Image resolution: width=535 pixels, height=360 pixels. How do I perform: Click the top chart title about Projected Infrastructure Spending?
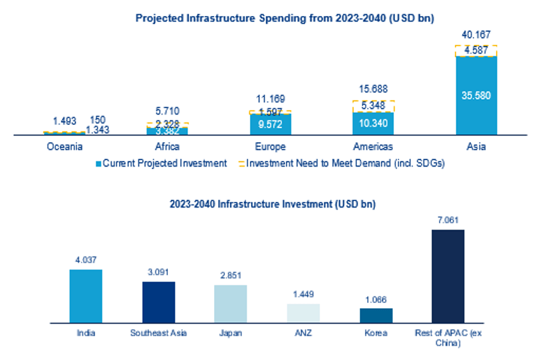point(284,18)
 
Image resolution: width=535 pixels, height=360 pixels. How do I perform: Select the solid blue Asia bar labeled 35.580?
point(476,95)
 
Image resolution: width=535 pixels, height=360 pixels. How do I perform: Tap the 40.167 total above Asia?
point(476,34)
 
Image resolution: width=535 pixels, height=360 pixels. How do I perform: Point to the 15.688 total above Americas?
point(373,89)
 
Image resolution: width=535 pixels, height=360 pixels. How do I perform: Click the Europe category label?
point(270,147)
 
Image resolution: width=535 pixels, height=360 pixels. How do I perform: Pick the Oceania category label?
point(64,147)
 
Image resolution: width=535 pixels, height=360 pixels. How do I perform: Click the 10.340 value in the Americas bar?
point(373,124)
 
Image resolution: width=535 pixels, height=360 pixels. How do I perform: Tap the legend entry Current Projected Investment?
point(161,163)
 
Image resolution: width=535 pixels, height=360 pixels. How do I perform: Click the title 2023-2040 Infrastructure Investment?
point(272,205)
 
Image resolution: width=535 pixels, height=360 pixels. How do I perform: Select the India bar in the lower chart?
point(86,296)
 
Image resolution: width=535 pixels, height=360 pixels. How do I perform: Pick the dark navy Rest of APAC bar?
point(448,275)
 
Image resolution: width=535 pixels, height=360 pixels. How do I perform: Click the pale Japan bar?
point(231,304)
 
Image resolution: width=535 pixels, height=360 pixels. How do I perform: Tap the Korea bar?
point(376,315)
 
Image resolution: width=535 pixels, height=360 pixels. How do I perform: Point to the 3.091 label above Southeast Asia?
point(158,272)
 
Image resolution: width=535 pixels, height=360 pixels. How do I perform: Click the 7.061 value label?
point(448,220)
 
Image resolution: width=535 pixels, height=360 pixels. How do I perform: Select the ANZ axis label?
point(303,333)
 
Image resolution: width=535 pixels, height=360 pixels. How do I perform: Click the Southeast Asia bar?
point(158,302)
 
